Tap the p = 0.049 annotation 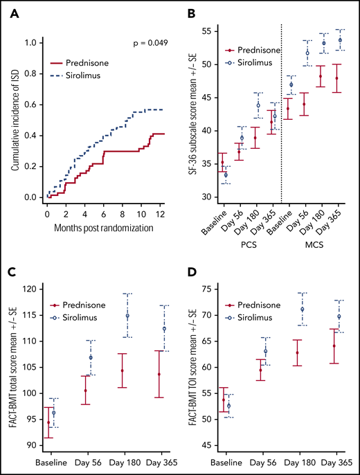(150, 44)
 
